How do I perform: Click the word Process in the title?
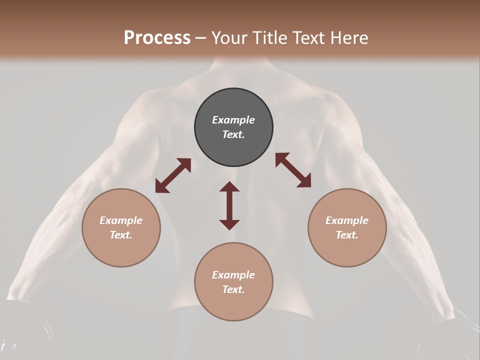tap(157, 38)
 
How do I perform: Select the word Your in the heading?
tap(229, 38)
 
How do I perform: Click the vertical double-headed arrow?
tap(229, 205)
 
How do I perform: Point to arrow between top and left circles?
tap(173, 175)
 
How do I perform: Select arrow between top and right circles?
tap(293, 170)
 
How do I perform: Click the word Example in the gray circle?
tap(233, 120)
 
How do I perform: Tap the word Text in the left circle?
tap(121, 235)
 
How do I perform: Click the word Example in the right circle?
tap(347, 220)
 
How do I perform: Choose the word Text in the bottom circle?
tap(233, 289)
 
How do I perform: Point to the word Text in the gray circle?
tap(233, 134)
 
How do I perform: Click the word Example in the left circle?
tap(121, 220)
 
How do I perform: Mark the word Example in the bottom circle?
tap(233, 275)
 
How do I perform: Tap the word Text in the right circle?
tap(347, 235)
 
